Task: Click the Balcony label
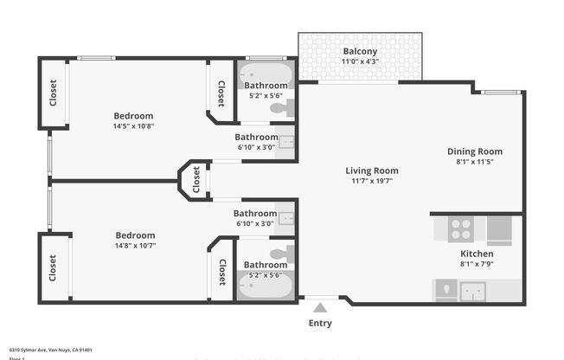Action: tap(360, 51)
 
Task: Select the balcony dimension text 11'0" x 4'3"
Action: tap(360, 61)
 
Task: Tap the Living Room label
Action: tap(372, 170)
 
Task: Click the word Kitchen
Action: tap(477, 254)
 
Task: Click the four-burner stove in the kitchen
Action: tap(460, 229)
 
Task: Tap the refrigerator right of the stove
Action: tap(500, 229)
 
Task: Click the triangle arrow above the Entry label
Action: tap(320, 307)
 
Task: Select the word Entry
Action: tap(320, 324)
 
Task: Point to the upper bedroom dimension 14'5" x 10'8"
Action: tap(133, 126)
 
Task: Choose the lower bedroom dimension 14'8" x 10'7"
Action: tap(135, 246)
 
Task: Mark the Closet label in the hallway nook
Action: tap(196, 180)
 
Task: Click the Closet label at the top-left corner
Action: tap(53, 92)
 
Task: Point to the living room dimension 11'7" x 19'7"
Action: tap(372, 182)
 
